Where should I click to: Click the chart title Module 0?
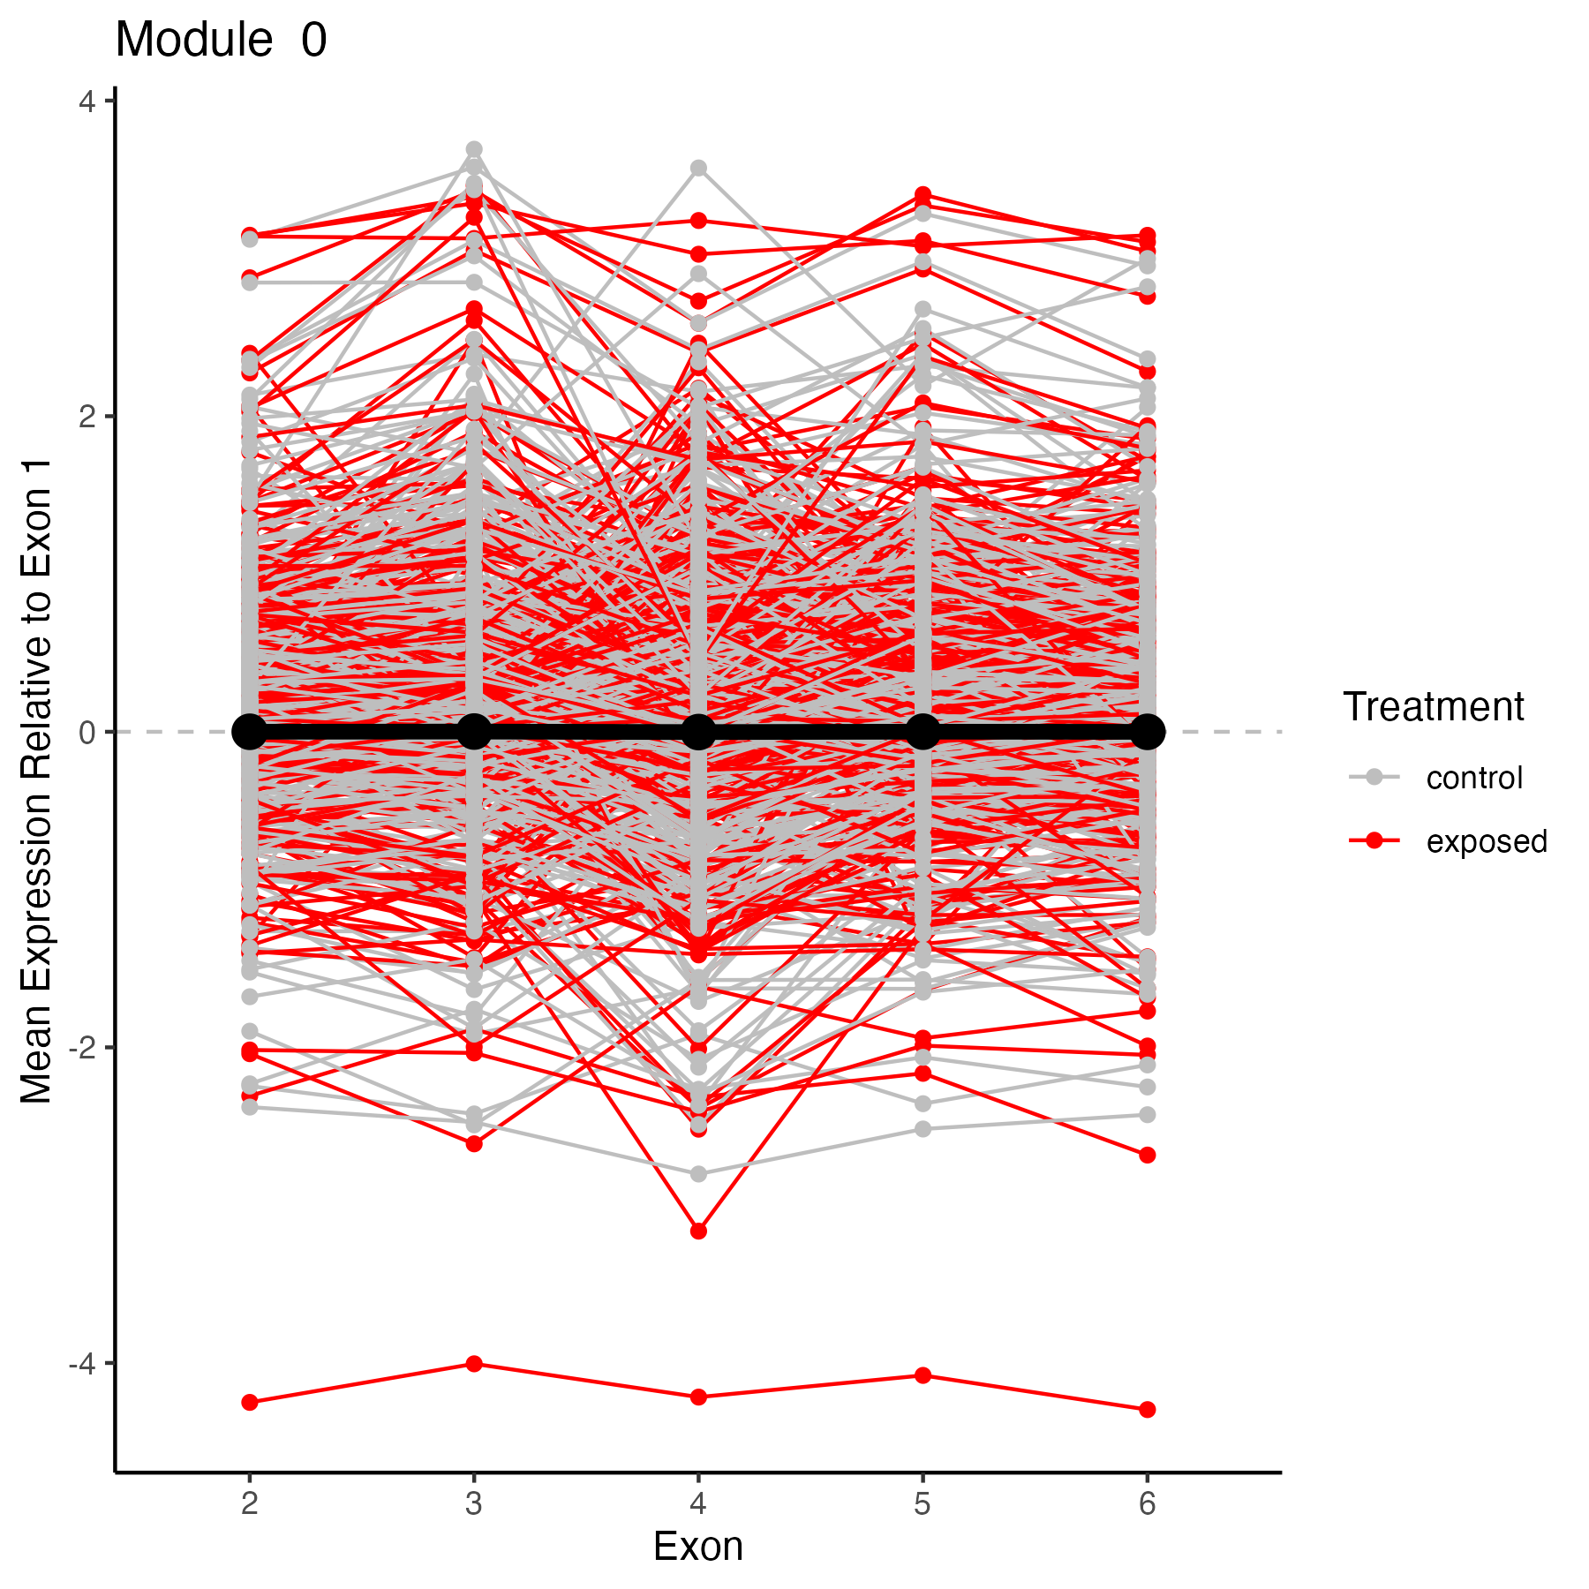[x=221, y=41]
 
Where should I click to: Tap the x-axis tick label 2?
[x=250, y=1503]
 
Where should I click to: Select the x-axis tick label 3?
[x=474, y=1503]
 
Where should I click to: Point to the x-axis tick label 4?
[x=698, y=1503]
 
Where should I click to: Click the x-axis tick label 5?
[x=923, y=1503]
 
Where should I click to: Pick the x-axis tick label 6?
[x=1147, y=1503]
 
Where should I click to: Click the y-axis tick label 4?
[x=86, y=102]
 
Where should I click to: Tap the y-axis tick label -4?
[x=81, y=1364]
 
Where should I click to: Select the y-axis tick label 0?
[x=86, y=733]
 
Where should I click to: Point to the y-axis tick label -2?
[x=81, y=1049]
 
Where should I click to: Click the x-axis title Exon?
[x=698, y=1548]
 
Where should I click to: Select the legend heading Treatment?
[x=1434, y=707]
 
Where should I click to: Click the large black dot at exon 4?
[x=698, y=732]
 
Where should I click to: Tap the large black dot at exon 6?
[x=1147, y=732]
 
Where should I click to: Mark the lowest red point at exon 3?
[x=474, y=1364]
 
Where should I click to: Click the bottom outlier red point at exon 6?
[x=1147, y=1410]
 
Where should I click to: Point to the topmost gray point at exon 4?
[x=698, y=168]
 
